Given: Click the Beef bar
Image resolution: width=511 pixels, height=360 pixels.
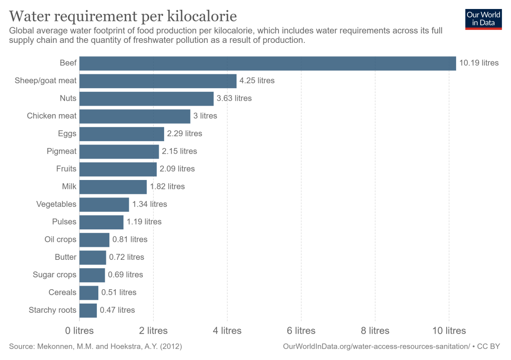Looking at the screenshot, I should (267, 63).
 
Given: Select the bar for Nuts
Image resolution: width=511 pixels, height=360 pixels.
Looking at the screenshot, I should (146, 98).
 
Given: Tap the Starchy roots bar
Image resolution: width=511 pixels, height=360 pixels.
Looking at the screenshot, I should (88, 310).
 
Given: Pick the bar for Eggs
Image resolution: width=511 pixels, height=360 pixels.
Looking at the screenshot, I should (122, 134).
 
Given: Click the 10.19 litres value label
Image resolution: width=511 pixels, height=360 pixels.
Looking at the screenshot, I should (479, 63).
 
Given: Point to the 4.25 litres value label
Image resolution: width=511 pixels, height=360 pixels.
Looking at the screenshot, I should (257, 81).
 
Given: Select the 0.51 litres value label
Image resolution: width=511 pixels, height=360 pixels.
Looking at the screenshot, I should (119, 293).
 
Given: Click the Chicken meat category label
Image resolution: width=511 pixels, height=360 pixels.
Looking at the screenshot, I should (52, 116).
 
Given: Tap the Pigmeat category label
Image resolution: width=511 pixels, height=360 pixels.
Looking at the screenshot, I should (61, 151).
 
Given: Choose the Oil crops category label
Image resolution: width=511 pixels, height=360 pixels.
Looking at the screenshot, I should (60, 239).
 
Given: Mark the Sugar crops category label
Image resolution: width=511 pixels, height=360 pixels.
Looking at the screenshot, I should (54, 275).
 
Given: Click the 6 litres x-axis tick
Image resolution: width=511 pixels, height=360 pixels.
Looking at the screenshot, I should (301, 331).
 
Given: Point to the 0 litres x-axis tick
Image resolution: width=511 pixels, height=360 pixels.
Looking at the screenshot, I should (79, 331).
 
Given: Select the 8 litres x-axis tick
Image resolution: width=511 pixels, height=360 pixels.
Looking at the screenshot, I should (375, 331).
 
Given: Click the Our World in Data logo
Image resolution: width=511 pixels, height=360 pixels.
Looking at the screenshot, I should (483, 18).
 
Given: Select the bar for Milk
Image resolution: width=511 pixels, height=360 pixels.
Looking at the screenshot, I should (113, 186).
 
